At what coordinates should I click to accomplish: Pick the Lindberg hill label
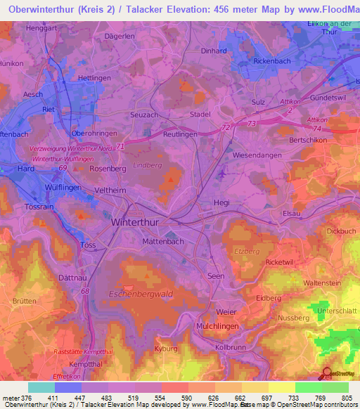click(147, 165)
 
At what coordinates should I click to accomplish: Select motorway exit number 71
click(121, 146)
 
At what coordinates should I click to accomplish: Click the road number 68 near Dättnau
click(85, 291)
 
